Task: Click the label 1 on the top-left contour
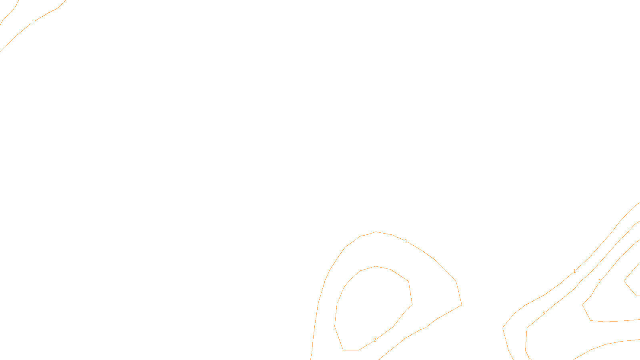33,22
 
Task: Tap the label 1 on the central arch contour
406,241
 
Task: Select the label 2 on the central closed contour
374,340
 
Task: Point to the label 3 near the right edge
599,281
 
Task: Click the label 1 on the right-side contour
574,271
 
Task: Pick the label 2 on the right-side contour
544,314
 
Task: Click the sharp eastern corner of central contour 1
462,305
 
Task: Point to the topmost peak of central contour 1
376,232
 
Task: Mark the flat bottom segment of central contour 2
351,350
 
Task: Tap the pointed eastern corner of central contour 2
412,305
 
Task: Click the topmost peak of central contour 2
375,266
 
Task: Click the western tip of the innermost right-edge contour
624,281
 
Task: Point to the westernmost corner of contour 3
582,305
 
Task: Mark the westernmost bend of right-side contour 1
503,328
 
